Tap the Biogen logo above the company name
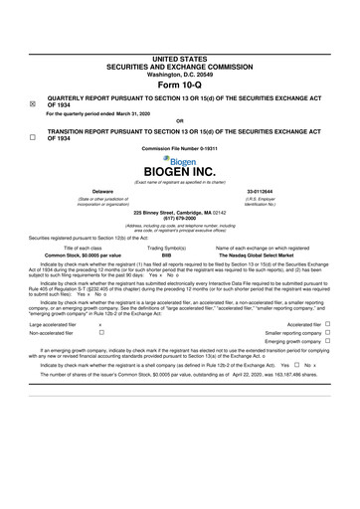tap(179, 159)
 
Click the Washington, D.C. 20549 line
tap(179, 46)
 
